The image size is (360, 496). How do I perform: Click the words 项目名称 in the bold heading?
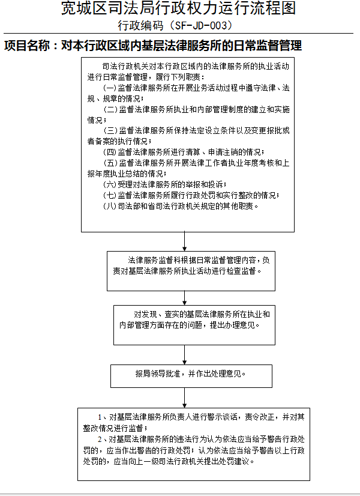(27, 46)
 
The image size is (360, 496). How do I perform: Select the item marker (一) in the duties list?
(110, 88)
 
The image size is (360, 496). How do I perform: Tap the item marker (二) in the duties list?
(110, 109)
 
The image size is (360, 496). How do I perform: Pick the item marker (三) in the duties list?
(110, 131)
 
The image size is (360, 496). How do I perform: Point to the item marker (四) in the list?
(110, 152)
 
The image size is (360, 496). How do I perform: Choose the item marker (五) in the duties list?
(110, 163)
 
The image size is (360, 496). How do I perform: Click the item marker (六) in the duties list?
(110, 184)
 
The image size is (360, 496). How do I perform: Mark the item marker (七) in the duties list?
(110, 195)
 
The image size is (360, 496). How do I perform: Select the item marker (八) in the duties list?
(110, 206)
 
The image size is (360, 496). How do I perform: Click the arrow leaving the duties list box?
(185, 241)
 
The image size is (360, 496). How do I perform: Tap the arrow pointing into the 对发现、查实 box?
(185, 298)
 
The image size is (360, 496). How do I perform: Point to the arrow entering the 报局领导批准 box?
(185, 355)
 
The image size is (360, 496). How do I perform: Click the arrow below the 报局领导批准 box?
(185, 398)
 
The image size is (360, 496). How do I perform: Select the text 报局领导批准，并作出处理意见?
(191, 374)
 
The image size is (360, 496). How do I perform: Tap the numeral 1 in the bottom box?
(100, 417)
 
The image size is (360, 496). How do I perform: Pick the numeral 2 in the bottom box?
(100, 440)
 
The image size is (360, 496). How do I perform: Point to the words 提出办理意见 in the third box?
(232, 325)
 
